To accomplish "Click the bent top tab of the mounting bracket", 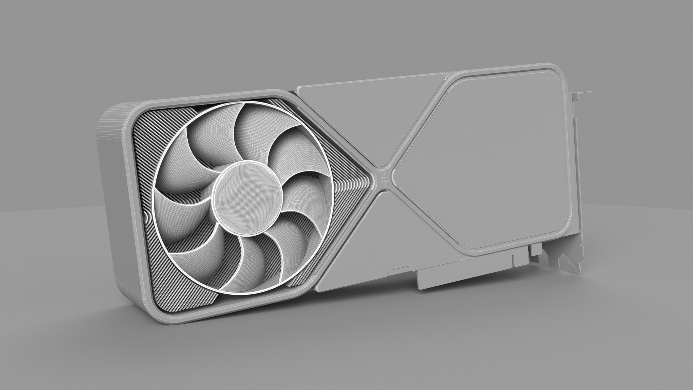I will (x=581, y=93).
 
